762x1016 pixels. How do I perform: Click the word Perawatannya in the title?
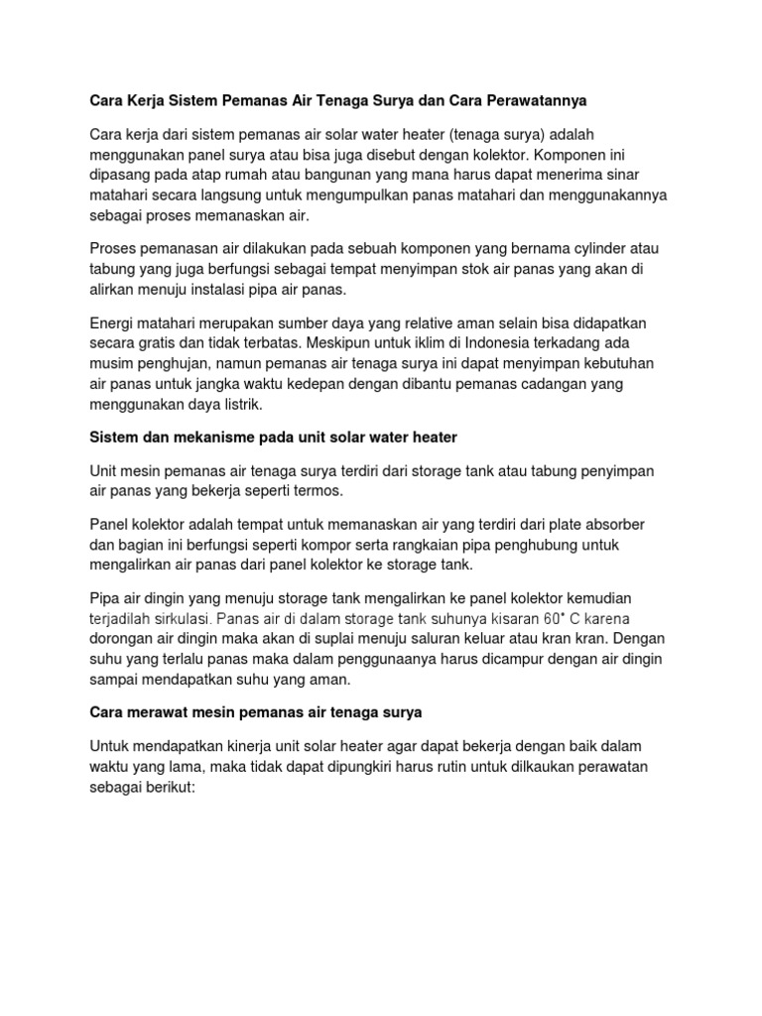[537, 101]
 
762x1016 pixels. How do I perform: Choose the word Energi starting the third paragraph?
[112, 323]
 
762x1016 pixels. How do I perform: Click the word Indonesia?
[489, 344]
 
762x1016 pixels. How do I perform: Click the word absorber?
[613, 523]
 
